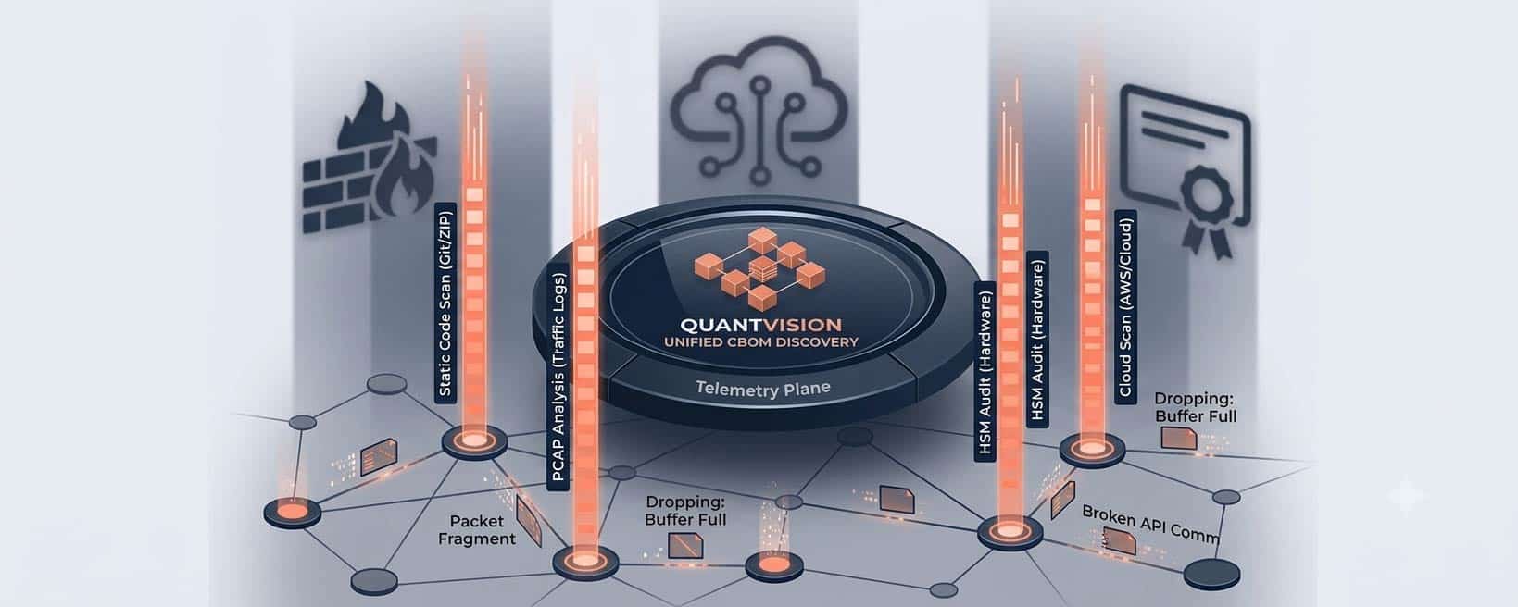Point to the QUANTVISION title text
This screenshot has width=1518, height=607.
click(x=760, y=325)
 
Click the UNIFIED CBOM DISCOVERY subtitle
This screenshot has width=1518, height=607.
click(x=761, y=342)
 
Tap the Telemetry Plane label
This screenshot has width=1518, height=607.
click(x=763, y=390)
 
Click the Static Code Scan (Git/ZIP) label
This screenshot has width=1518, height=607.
click(x=445, y=303)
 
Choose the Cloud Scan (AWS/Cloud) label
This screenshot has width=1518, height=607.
click(x=1125, y=307)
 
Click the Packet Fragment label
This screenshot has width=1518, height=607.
click(x=477, y=530)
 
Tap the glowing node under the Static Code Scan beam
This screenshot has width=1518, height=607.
click(x=474, y=441)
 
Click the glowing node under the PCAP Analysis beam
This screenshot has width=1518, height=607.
click(x=585, y=562)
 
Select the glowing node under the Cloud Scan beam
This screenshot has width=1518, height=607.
click(x=1092, y=448)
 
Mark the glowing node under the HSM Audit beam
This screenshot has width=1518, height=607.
click(x=1010, y=532)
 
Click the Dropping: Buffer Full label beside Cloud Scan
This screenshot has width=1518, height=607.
click(x=1196, y=407)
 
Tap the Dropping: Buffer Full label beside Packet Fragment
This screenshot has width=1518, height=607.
click(x=685, y=511)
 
